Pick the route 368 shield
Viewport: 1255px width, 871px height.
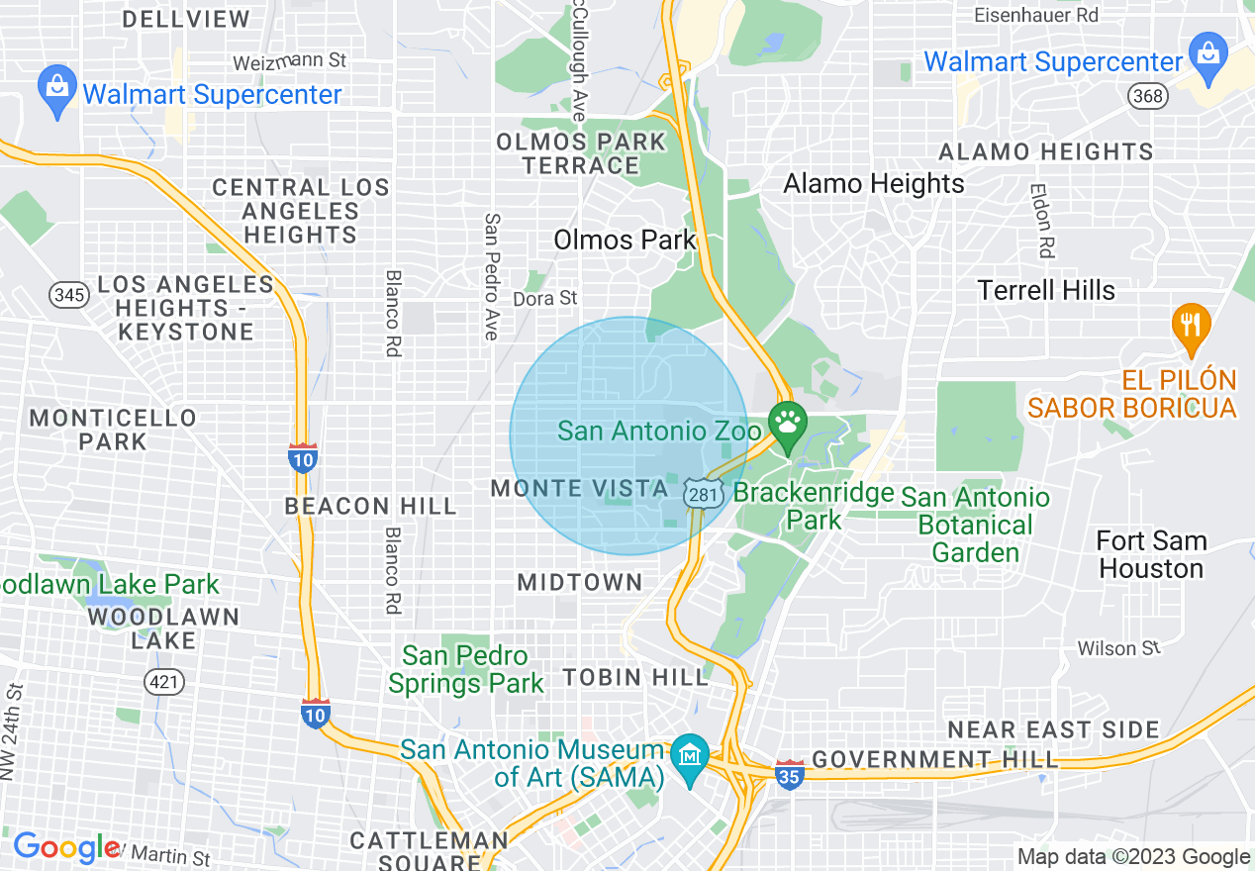pos(1147,96)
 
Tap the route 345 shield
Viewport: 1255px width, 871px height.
pos(67,294)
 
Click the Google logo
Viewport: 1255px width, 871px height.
pos(65,847)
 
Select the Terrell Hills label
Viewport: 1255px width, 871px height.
pos(1046,290)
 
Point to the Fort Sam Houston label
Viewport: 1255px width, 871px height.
pos(1151,555)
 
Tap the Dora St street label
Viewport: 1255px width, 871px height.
pos(544,298)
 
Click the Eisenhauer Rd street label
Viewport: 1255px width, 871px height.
pos(1036,16)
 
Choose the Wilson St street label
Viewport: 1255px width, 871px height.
pos(1118,648)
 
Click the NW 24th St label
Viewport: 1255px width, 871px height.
pos(13,731)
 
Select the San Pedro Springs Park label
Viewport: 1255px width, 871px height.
pos(466,669)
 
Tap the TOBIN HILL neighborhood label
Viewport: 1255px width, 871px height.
pos(636,677)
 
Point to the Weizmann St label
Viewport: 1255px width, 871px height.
pos(289,61)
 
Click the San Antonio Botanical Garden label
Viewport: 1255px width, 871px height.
pos(975,525)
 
